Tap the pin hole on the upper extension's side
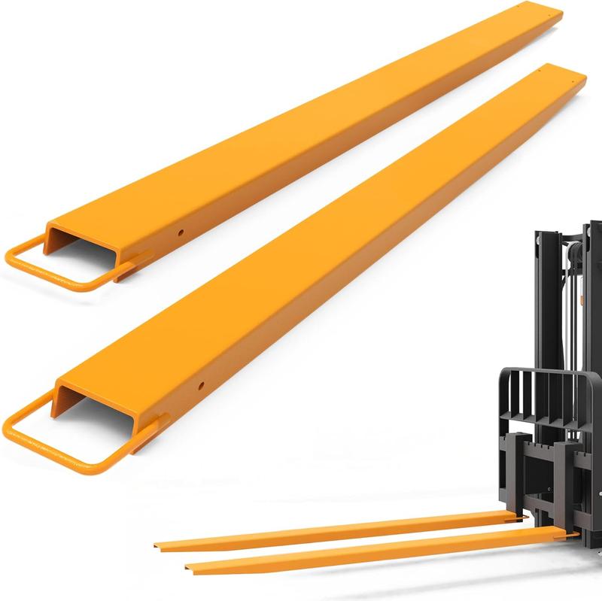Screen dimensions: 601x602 point(181,232)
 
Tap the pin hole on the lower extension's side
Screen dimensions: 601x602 point(201,387)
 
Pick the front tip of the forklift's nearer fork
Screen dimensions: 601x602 point(188,570)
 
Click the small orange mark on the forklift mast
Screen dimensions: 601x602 point(581,299)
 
